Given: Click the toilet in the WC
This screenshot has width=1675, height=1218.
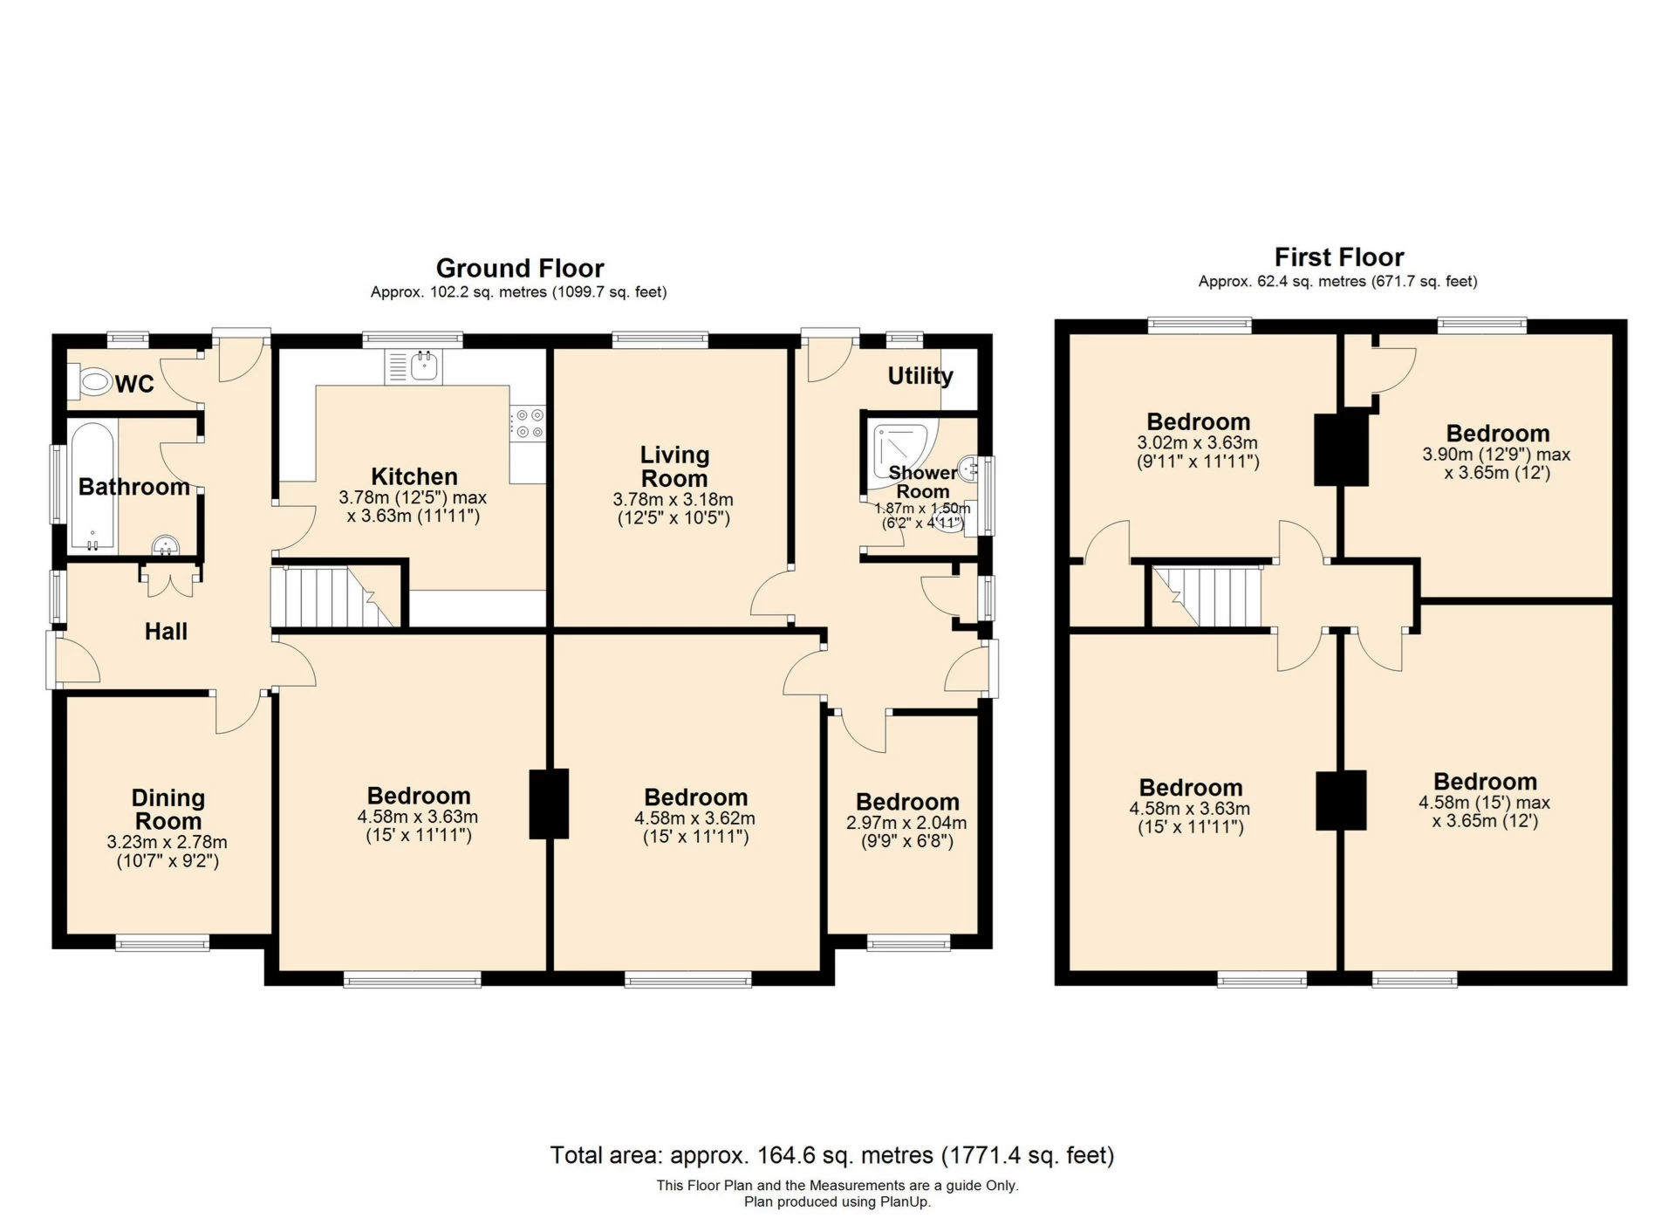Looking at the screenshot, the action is (95, 381).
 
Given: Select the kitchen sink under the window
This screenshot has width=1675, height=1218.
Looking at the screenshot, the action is (414, 366).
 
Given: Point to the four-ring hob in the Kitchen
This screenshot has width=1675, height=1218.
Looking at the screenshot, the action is (529, 424).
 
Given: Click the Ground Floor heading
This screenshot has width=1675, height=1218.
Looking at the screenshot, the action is (520, 268).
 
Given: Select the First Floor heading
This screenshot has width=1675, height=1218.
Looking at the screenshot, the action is (1339, 257).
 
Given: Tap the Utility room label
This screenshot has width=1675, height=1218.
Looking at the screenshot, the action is (920, 376).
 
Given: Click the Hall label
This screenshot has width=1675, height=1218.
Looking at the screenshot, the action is (166, 632).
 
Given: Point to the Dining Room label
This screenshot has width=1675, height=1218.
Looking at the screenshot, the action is (168, 810).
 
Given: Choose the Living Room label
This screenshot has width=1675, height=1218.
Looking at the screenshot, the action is (674, 467).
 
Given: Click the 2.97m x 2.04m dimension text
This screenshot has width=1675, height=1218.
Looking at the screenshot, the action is (906, 823).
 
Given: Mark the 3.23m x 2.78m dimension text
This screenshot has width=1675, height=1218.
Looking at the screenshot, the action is (167, 842).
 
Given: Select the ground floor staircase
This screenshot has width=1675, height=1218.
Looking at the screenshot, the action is (334, 597).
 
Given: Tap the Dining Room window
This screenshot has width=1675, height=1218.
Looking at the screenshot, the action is (162, 942).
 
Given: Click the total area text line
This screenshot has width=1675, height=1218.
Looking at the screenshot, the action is (832, 1155).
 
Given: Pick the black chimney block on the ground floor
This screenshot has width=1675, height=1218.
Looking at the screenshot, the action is (549, 804).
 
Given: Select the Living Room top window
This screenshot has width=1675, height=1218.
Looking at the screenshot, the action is (660, 339).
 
